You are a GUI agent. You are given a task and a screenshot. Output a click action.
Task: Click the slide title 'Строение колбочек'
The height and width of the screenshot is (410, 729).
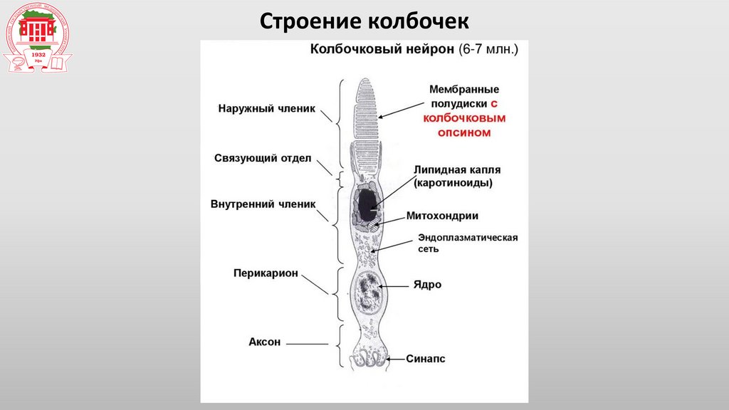tap(364, 20)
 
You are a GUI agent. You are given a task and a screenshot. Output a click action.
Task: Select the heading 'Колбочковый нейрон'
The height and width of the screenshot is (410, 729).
tap(380, 50)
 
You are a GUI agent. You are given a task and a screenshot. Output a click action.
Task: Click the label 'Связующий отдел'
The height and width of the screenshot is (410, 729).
tap(263, 158)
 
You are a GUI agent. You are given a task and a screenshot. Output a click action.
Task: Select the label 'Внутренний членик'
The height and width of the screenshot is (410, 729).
tap(263, 203)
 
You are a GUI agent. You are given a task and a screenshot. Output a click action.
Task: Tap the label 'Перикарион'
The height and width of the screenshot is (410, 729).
tap(266, 273)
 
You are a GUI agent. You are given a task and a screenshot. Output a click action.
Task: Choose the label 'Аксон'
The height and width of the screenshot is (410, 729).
tap(265, 342)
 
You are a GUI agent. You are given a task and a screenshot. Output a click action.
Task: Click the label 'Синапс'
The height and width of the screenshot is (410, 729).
tap(426, 359)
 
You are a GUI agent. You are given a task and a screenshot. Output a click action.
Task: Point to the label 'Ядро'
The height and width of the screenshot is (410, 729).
tap(427, 284)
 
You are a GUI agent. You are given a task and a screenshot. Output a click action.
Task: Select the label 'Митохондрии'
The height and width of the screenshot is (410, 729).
tap(442, 216)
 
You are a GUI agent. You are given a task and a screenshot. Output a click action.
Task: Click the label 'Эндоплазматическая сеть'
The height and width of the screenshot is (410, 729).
tap(467, 243)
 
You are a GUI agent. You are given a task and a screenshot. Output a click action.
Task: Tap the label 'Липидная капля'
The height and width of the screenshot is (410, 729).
tap(457, 170)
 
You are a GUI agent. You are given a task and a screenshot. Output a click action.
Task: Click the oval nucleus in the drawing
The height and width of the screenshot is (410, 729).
tap(369, 292)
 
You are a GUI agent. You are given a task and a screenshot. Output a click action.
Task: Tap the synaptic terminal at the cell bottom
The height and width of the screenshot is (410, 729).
tap(369, 358)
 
